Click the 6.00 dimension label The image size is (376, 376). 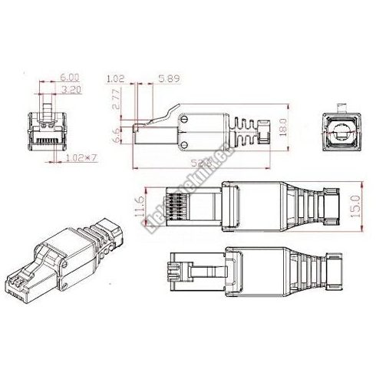pyautogui.click(x=68, y=78)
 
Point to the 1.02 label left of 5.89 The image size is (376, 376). pyautogui.click(x=117, y=78)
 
